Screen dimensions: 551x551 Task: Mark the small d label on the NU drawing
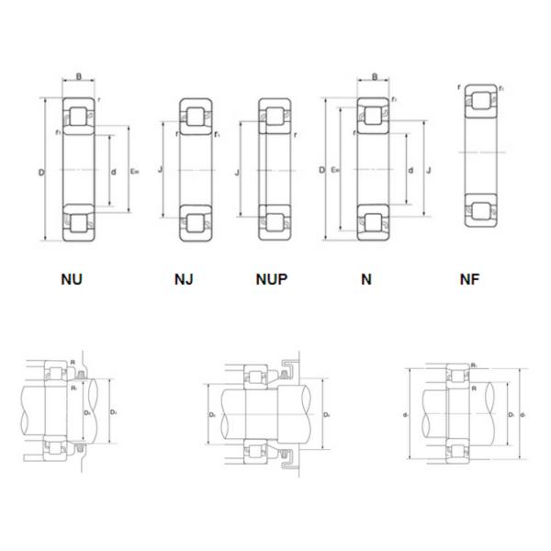112,171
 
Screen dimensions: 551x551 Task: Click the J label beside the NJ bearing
160,171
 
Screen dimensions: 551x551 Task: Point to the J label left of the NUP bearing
237,171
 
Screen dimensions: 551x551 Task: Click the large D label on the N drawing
320,171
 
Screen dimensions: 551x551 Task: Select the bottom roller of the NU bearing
77,223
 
